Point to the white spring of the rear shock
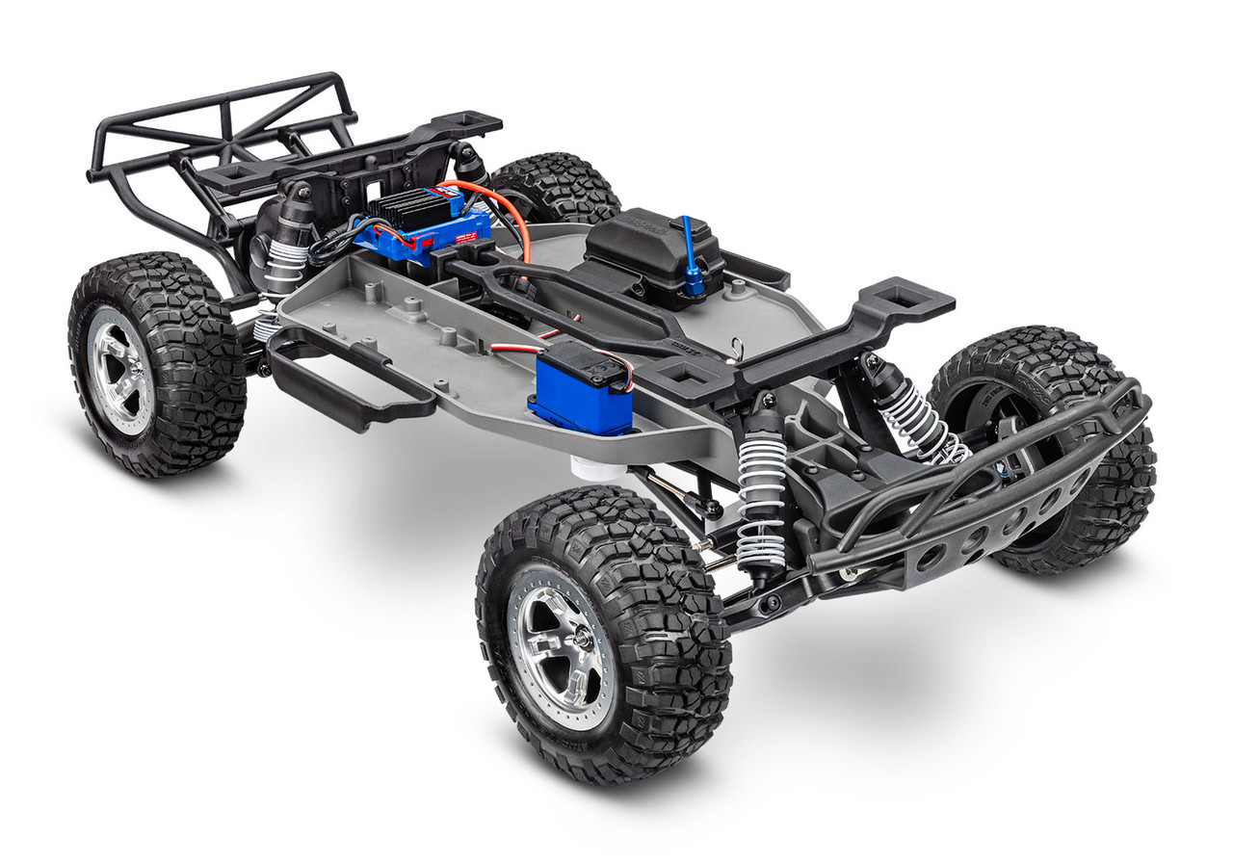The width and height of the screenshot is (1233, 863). tap(283, 266)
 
